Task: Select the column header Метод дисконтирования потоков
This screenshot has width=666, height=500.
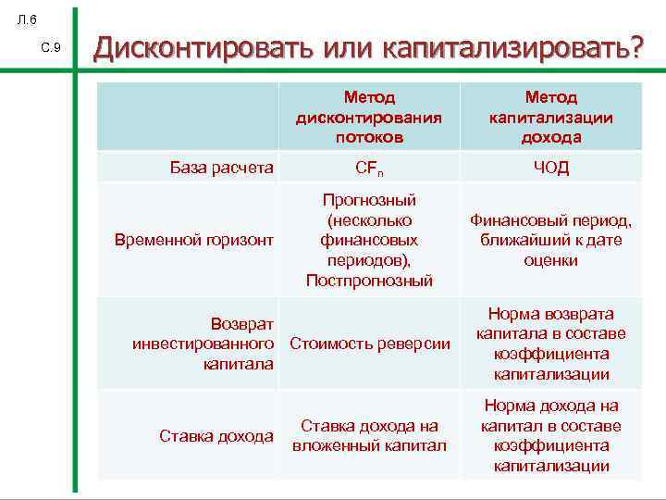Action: point(369,117)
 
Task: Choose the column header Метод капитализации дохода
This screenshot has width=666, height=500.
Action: point(551,117)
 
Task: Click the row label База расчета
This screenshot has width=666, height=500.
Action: point(222,168)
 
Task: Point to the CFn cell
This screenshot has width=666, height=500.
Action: point(369,169)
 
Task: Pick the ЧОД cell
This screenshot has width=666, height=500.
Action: point(551,168)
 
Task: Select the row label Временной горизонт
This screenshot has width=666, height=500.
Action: point(193,240)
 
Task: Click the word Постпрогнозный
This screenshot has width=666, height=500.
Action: point(369,281)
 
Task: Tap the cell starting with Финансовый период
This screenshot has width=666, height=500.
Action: point(551,240)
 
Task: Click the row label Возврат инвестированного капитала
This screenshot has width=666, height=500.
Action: point(203,344)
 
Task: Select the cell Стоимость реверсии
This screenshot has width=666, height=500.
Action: point(370,344)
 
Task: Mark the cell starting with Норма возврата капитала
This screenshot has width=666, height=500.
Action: point(551,344)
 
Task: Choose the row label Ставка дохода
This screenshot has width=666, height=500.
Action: point(216,435)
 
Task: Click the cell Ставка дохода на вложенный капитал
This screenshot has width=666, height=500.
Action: point(369,435)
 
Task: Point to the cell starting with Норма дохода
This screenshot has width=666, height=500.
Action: point(551,435)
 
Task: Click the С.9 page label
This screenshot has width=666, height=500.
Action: point(51,47)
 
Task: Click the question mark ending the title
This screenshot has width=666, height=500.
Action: point(632,48)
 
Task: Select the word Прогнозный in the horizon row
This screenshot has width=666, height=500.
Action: point(369,200)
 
